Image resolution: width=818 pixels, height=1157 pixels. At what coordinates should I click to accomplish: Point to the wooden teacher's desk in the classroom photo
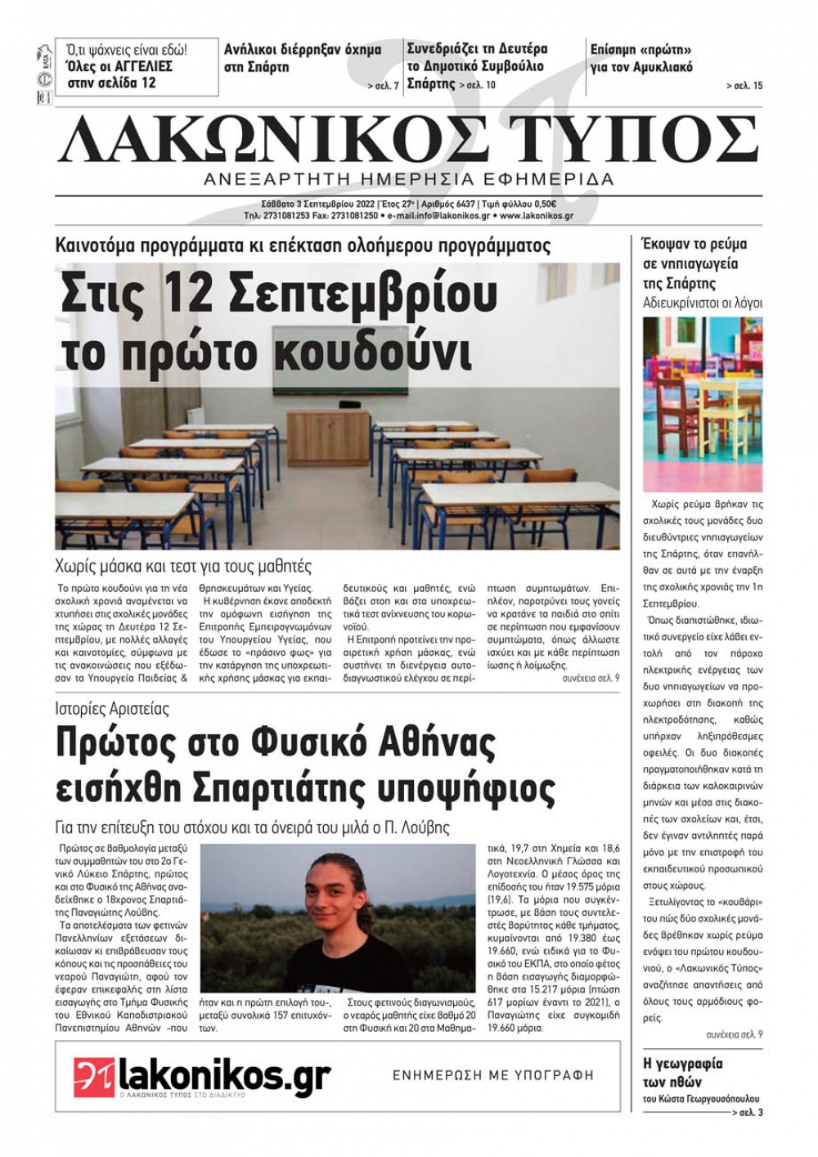click(x=329, y=436)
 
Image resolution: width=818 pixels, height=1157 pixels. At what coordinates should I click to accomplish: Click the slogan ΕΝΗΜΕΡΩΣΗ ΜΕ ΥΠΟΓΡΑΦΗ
click(x=492, y=1075)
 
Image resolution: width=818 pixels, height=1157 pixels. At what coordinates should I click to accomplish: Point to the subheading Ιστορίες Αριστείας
click(x=112, y=709)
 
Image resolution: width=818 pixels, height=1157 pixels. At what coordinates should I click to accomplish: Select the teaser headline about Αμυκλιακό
click(x=641, y=58)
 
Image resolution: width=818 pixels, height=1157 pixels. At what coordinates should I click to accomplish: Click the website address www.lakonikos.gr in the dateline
click(x=536, y=216)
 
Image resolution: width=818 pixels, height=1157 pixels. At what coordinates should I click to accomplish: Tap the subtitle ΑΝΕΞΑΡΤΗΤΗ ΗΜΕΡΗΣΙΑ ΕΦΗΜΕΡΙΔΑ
click(x=410, y=179)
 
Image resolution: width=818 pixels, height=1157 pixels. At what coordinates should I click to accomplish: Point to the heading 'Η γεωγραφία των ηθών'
click(x=683, y=1073)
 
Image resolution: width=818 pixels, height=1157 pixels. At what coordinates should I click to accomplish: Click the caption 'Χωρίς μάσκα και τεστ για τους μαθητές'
click(x=183, y=566)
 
